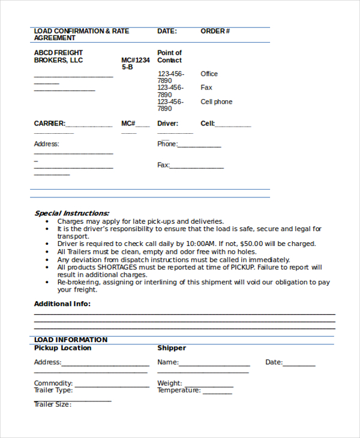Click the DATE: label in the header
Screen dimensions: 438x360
point(167,31)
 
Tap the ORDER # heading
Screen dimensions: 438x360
point(215,31)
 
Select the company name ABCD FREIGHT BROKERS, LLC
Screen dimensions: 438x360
point(58,56)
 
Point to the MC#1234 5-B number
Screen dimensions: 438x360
point(135,64)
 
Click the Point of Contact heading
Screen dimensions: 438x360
point(169,56)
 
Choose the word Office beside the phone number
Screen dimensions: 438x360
point(209,74)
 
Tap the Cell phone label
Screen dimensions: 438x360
point(216,102)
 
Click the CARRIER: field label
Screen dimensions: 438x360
point(49,124)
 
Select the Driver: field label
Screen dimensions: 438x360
point(167,124)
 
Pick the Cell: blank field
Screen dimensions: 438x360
point(233,124)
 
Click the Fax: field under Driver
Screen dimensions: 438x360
point(197,166)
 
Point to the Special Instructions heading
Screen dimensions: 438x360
point(71,213)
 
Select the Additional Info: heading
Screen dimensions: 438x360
point(62,304)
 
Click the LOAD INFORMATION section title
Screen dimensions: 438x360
point(70,340)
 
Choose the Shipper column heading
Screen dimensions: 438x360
point(172,348)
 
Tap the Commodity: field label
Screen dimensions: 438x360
point(53,383)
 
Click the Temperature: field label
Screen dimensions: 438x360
point(179,391)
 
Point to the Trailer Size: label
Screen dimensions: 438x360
point(52,404)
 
